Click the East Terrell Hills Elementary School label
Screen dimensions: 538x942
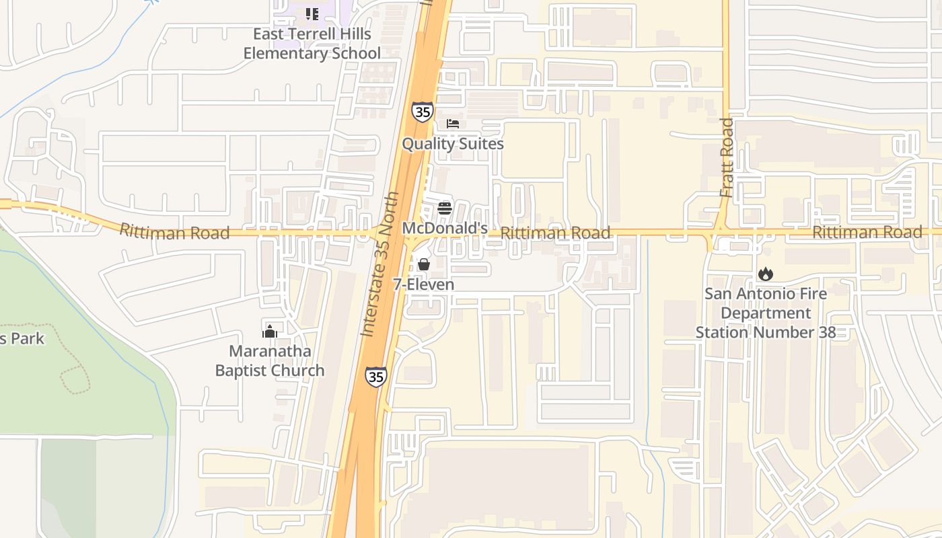pyautogui.click(x=312, y=44)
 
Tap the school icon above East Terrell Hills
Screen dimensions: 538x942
pyautogui.click(x=312, y=13)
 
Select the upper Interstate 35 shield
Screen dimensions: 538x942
pyautogui.click(x=423, y=112)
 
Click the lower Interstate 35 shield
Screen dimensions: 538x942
pyautogui.click(x=375, y=377)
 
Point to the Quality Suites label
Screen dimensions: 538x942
pyautogui.click(x=453, y=144)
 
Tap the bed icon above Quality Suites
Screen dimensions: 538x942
pyautogui.click(x=453, y=124)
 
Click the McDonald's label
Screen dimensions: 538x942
pyautogui.click(x=445, y=229)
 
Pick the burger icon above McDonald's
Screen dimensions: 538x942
pyautogui.click(x=444, y=208)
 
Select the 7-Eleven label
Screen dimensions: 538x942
pyautogui.click(x=423, y=284)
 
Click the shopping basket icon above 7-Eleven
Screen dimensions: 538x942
pyautogui.click(x=423, y=264)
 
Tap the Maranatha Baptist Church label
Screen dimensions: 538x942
pyautogui.click(x=270, y=360)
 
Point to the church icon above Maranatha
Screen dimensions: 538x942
pyautogui.click(x=270, y=331)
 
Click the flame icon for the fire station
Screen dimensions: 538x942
pyautogui.click(x=766, y=274)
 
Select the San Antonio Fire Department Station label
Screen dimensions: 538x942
pyautogui.click(x=766, y=313)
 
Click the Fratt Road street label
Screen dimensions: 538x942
pyautogui.click(x=727, y=158)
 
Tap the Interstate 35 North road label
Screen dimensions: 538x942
pyautogui.click(x=380, y=264)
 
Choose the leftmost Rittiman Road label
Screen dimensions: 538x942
pyautogui.click(x=174, y=232)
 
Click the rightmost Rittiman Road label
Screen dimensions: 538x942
pyautogui.click(x=867, y=232)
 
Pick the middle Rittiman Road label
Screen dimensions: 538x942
pyautogui.click(x=556, y=233)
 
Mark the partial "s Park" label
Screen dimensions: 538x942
pyautogui.click(x=22, y=338)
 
